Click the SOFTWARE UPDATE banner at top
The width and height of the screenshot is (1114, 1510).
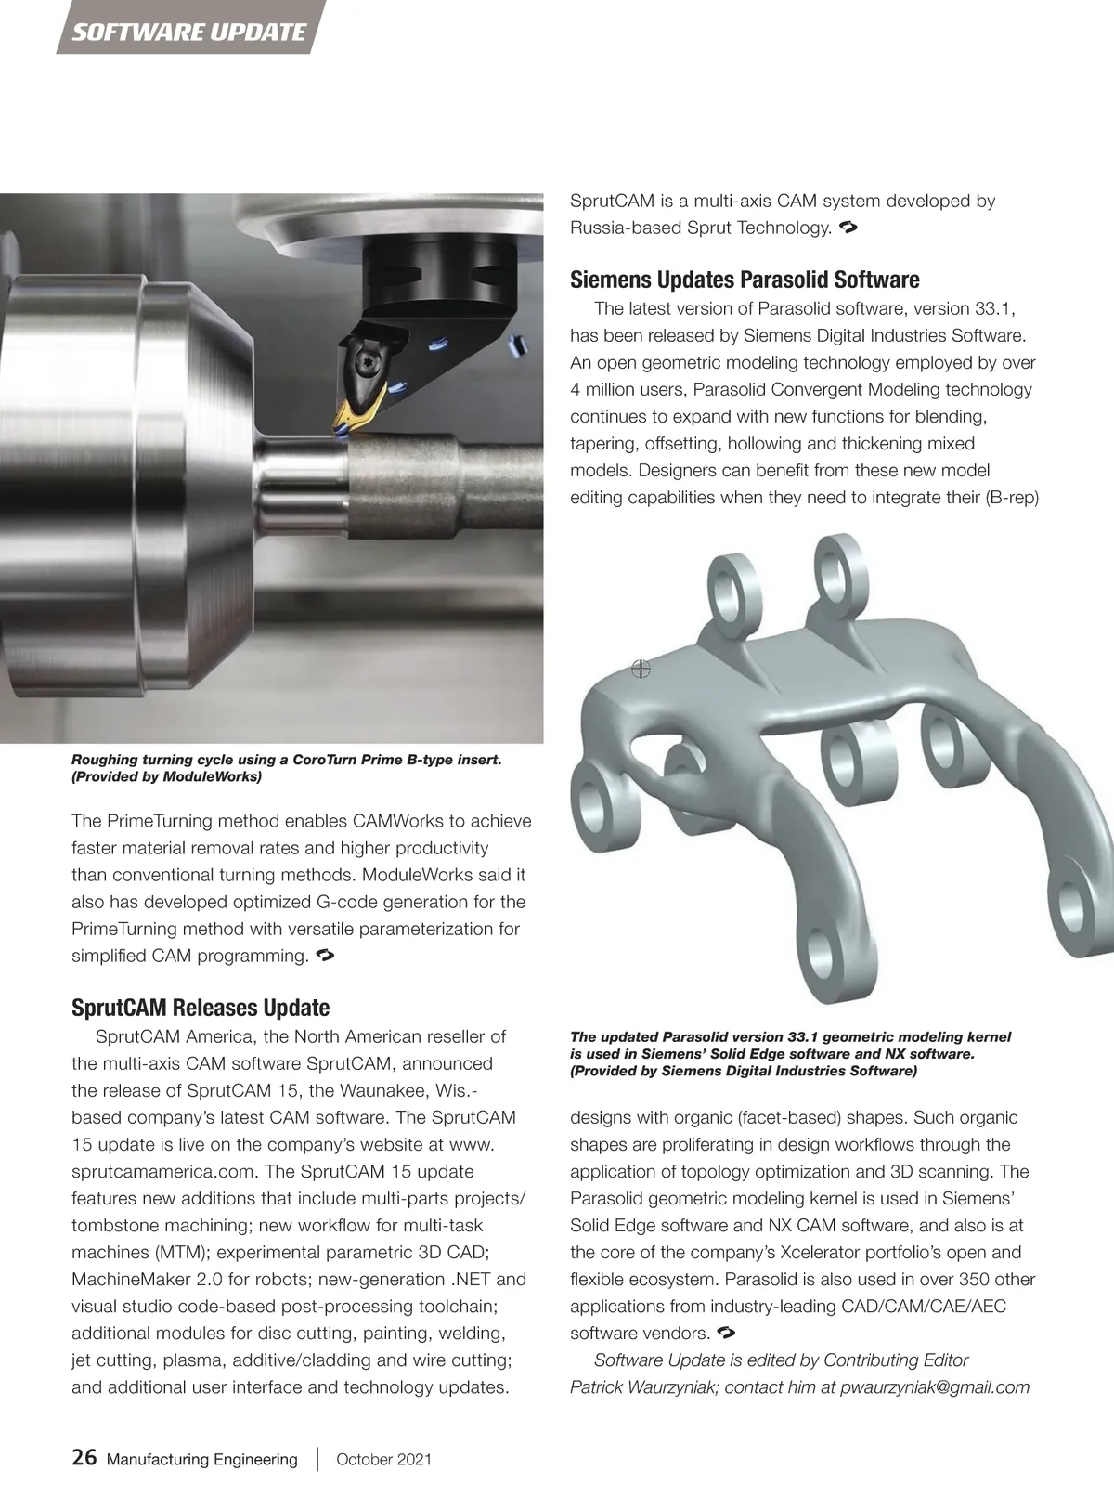[189, 33]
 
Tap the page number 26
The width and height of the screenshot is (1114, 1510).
[84, 1458]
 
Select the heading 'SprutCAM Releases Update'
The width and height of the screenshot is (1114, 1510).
[201, 1008]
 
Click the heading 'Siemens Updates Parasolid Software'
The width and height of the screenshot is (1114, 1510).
[745, 280]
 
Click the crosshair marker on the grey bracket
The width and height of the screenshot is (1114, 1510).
[641, 669]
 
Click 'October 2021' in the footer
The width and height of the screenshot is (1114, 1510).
[383, 1459]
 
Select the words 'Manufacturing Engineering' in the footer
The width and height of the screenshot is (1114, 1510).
[202, 1459]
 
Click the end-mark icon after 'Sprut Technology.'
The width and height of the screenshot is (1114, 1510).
[846, 227]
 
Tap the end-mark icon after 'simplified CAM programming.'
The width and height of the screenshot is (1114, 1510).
[324, 955]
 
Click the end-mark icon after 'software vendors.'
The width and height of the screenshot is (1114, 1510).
[726, 1334]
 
